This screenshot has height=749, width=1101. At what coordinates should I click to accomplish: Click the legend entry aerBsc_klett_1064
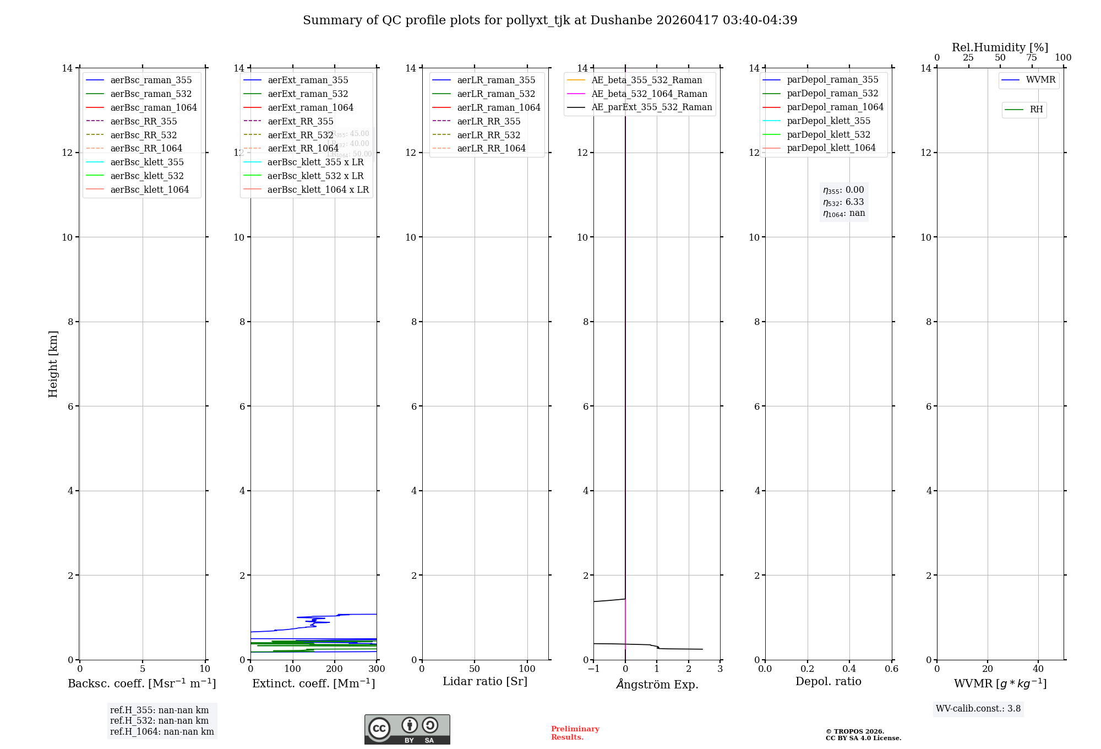[149, 189]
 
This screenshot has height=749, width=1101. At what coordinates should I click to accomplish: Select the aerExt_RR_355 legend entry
[300, 121]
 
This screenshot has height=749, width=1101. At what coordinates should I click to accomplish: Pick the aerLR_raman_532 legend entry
[495, 94]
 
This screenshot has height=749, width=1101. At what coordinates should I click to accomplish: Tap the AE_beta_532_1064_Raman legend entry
[649, 94]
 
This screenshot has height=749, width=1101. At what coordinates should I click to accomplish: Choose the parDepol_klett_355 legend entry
[829, 121]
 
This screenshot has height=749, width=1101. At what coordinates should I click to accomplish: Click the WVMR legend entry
[1040, 80]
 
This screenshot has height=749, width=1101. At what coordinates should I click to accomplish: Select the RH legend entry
[1036, 110]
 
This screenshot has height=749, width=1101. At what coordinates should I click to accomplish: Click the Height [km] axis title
[53, 364]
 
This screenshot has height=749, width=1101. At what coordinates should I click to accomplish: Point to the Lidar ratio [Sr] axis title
[485, 681]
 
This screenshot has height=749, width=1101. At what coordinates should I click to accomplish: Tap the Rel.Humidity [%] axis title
[1000, 47]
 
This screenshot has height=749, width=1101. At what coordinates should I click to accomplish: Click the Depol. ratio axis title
[828, 681]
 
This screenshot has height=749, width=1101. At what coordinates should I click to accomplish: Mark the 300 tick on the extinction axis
[377, 669]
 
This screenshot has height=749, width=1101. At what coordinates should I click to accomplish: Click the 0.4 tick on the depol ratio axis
[849, 669]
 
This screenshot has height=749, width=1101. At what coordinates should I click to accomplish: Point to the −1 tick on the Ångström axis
[593, 669]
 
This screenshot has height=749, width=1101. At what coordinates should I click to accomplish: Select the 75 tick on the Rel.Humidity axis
[1032, 58]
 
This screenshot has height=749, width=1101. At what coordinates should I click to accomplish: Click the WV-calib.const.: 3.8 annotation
[978, 709]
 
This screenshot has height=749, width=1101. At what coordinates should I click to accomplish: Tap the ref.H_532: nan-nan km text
[159, 720]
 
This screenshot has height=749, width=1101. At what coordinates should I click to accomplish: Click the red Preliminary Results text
[575, 733]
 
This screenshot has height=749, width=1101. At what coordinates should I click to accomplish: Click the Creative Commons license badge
[407, 729]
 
